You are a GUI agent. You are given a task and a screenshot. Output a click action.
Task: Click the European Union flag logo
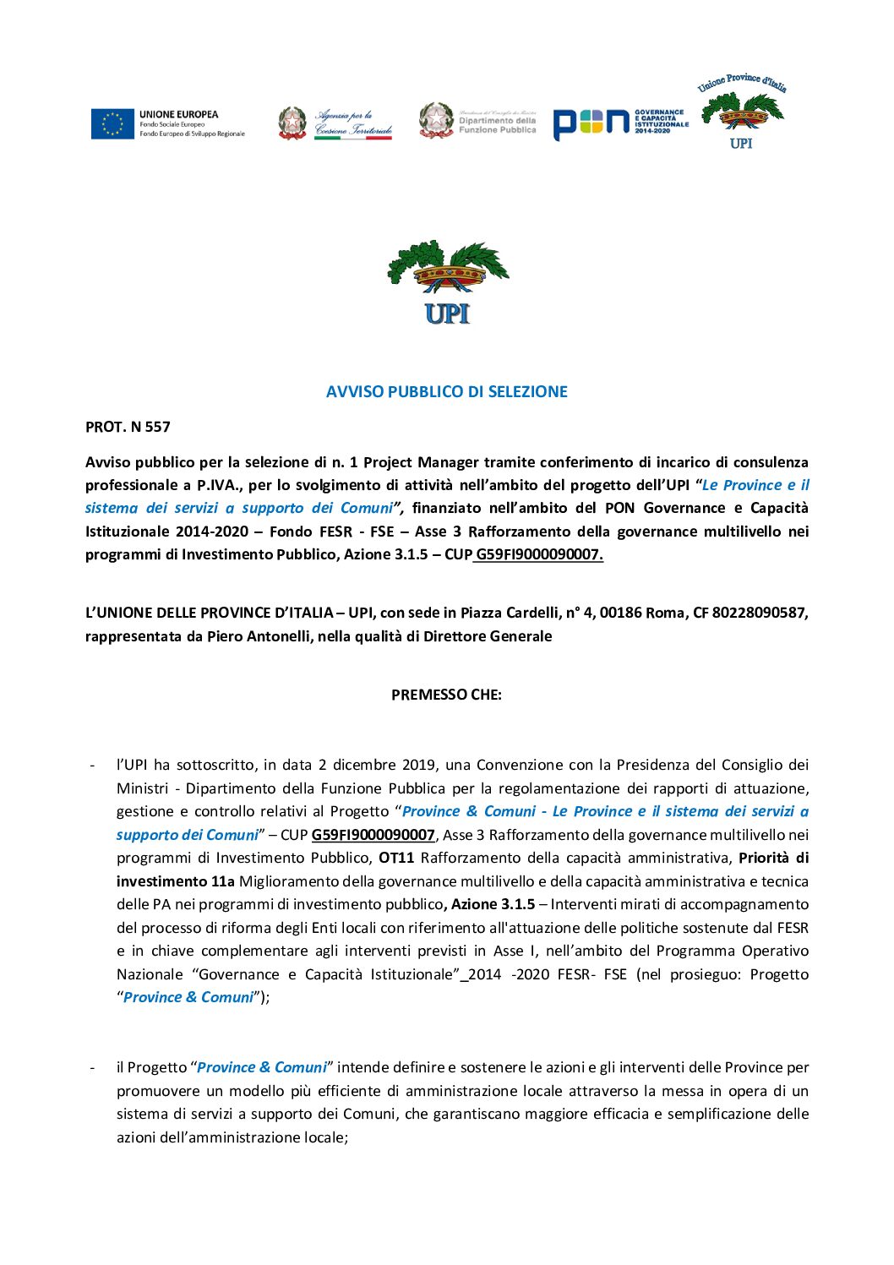[x=112, y=123]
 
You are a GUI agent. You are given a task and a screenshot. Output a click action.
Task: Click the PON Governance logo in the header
[x=621, y=123]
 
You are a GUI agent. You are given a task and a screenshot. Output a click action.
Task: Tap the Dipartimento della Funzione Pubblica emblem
[x=436, y=121]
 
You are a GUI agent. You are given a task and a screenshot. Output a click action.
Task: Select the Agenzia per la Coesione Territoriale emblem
[x=292, y=123]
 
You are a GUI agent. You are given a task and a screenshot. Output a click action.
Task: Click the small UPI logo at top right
[x=741, y=112]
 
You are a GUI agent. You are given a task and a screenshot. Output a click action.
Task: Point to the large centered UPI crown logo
[x=447, y=282]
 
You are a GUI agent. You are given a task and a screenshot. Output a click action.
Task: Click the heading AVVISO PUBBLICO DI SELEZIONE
[x=446, y=391]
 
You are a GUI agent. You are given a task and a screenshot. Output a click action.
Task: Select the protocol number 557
[x=157, y=427]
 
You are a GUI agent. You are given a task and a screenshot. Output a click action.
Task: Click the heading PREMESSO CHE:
[x=446, y=695]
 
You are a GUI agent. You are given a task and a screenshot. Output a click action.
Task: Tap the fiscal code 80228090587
[x=760, y=613]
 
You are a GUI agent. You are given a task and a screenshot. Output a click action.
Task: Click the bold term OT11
[x=396, y=858]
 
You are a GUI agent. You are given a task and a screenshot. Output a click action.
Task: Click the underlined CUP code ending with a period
[x=539, y=554]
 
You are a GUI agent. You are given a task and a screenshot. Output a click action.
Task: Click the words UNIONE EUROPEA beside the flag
[x=178, y=114]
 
